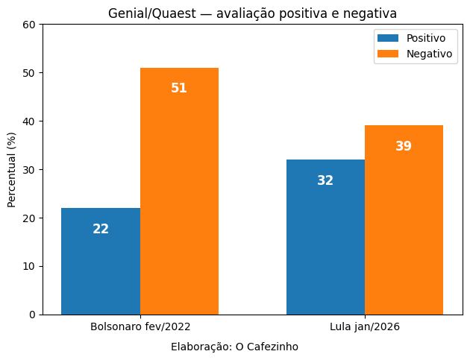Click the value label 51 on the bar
tap(179, 88)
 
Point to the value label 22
tap(101, 230)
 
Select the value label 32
tap(325, 181)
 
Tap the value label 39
tap(404, 147)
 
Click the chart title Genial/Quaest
tap(252, 13)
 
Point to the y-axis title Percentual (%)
tap(12, 169)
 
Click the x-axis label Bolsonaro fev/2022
tap(140, 327)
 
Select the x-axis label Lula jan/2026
tap(365, 327)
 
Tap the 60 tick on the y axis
tap(29, 25)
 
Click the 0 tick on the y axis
tap(32, 315)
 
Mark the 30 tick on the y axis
tap(29, 170)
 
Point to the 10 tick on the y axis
tap(29, 266)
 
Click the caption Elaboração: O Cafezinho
tap(234, 347)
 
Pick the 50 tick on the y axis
tap(29, 73)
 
